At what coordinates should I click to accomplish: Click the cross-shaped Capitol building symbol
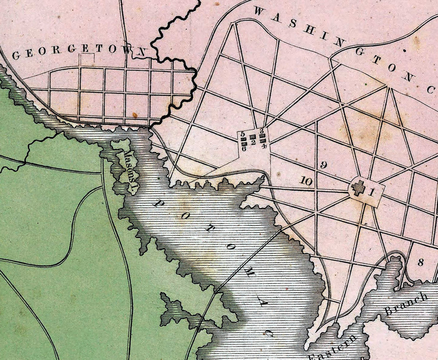point(358,188)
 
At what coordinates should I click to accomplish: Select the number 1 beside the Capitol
point(371,193)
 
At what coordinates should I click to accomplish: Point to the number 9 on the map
point(324,166)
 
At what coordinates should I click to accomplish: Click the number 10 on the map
point(306,182)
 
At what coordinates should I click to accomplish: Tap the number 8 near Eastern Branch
point(420,263)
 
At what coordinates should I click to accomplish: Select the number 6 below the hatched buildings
point(244,148)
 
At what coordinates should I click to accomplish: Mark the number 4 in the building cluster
point(264,146)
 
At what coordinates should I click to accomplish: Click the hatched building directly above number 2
point(253,137)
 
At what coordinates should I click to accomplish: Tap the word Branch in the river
point(406,304)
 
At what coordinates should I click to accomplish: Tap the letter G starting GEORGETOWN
point(16,55)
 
